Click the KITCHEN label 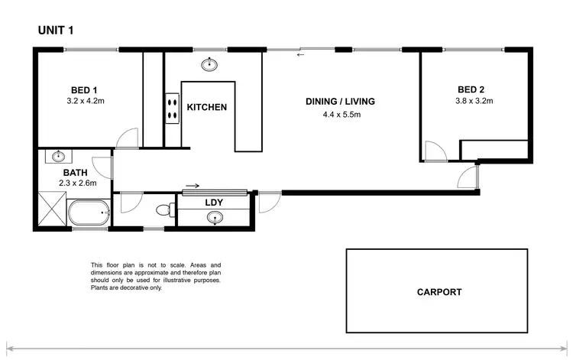pos(207,107)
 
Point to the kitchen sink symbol pos(208,63)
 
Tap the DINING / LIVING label pos(340,102)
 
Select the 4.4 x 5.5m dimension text pos(340,115)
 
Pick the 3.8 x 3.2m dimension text pos(474,100)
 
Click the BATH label pos(75,173)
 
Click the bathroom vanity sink pos(58,157)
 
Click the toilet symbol pos(162,209)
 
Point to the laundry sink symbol pos(217,219)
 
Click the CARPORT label pos(439,292)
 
